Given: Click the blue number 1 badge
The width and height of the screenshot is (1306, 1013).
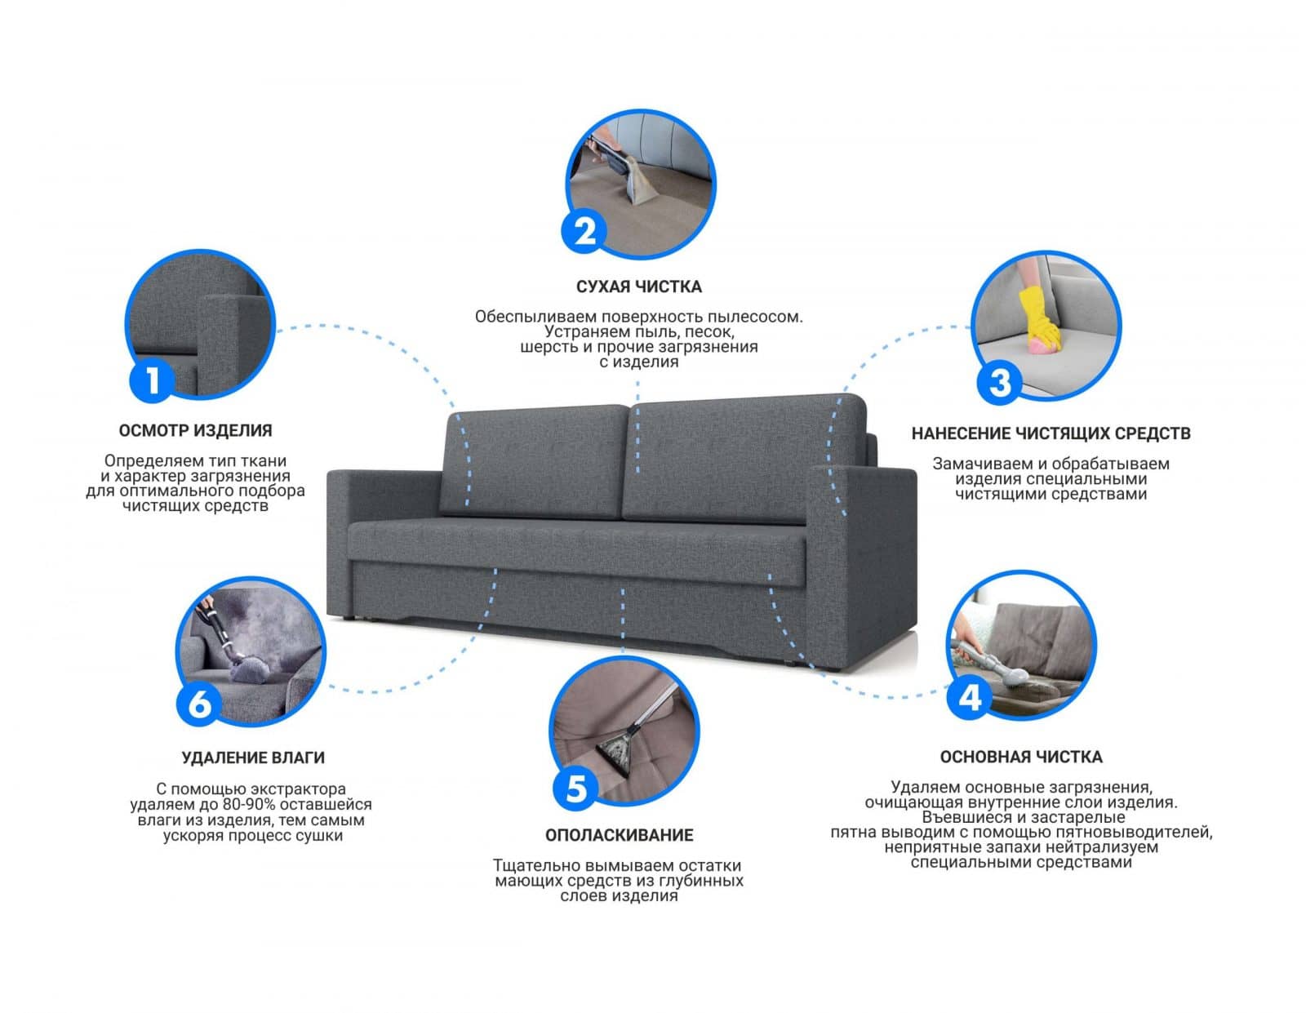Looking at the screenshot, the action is point(152,379).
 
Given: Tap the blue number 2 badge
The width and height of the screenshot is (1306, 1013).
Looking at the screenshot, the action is point(584,231).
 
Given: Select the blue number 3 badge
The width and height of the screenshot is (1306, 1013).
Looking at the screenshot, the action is point(998,381).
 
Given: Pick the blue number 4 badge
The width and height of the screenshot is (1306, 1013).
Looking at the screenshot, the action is point(970,697).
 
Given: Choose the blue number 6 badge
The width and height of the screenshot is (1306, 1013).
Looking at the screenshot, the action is point(199,702).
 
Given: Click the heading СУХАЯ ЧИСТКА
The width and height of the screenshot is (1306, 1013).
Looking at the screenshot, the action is point(639,287).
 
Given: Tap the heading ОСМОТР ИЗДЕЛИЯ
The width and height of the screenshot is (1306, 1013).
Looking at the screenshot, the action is point(195,430).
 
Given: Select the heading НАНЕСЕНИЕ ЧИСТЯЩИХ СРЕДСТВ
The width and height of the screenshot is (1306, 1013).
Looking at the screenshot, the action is point(1051,433).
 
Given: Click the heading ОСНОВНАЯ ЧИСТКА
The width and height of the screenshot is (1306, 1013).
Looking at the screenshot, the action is point(1021,757).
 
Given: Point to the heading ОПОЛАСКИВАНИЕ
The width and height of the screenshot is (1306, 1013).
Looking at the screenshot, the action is point(619,835).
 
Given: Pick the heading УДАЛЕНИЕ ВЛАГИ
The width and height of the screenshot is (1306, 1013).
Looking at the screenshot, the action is point(253,758).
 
